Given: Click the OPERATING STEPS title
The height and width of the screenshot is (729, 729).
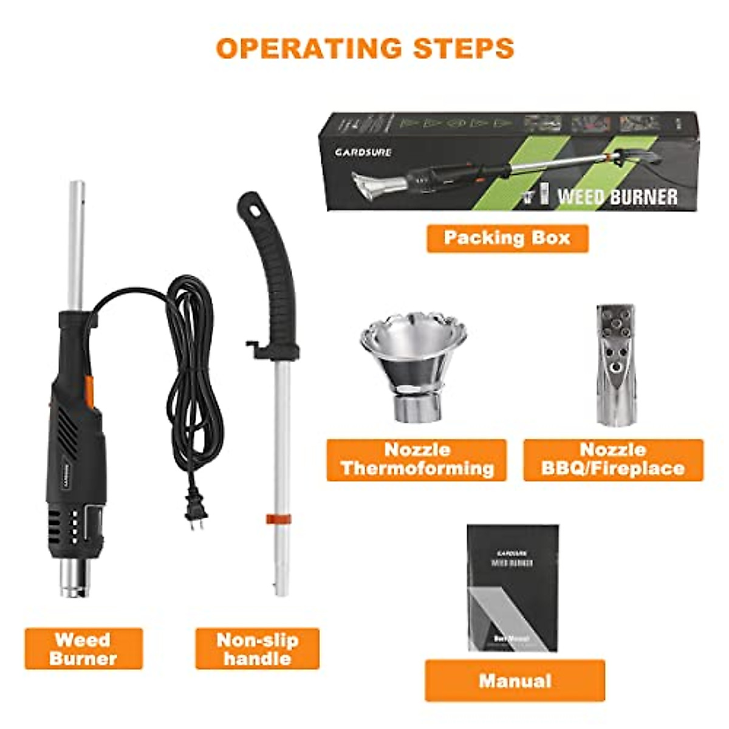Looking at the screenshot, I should pyautogui.click(x=364, y=49).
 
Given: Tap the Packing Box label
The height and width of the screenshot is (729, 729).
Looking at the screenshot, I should pyautogui.click(x=507, y=238).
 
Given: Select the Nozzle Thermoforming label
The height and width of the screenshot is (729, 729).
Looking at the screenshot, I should pyautogui.click(x=417, y=460).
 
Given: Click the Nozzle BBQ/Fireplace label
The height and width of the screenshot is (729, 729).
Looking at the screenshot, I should pyautogui.click(x=613, y=460).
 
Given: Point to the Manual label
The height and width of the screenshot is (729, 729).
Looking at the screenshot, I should pyautogui.click(x=515, y=680).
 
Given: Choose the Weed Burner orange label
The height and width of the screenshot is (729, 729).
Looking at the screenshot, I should pyautogui.click(x=83, y=649).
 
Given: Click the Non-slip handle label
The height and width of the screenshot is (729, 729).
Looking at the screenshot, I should pyautogui.click(x=257, y=649).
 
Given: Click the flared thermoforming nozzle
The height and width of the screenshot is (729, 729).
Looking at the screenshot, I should pyautogui.click(x=414, y=364).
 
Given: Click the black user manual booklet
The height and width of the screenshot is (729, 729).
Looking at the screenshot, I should pyautogui.click(x=512, y=587).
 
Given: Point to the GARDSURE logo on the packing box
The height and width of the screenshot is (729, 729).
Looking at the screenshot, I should pyautogui.click(x=363, y=152).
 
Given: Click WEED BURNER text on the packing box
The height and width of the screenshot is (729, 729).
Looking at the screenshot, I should pyautogui.click(x=617, y=196).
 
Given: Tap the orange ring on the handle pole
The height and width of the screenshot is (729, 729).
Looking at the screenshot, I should pyautogui.click(x=278, y=518).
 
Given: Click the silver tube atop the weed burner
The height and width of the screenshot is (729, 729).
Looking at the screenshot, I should pyautogui.click(x=77, y=243).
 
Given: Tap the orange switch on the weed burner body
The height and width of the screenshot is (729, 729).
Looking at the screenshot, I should pyautogui.click(x=89, y=389).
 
